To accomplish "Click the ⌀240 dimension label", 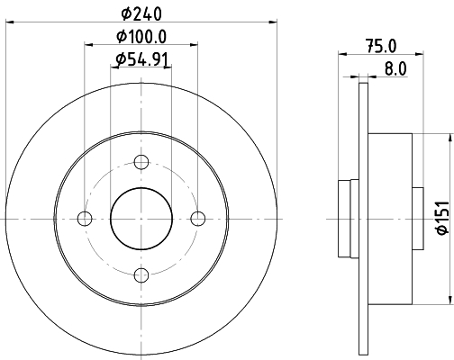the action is click(x=141, y=13).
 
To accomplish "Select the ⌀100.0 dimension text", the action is click(x=141, y=37).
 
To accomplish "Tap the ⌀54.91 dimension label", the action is click(x=141, y=59).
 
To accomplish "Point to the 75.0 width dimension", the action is click(x=381, y=46).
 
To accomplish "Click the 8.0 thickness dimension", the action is click(x=395, y=68).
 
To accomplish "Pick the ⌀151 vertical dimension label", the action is click(x=442, y=218).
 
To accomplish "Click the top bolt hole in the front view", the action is click(x=141, y=162).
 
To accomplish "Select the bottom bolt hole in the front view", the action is click(x=141, y=275).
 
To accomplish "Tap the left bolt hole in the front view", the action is click(x=85, y=219).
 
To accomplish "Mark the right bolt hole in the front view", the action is click(x=198, y=219).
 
